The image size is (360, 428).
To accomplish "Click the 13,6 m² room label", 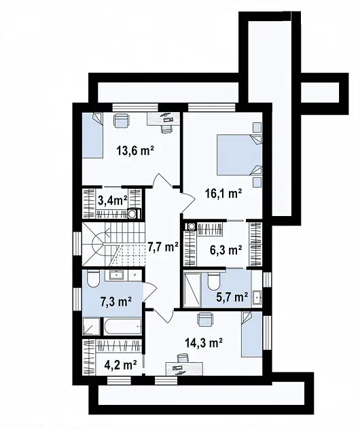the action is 135,150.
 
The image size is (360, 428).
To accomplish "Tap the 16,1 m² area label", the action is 223,194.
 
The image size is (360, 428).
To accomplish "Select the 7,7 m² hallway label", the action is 163,247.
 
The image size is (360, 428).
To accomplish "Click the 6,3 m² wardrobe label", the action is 226,250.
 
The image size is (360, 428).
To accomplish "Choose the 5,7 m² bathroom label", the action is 232,297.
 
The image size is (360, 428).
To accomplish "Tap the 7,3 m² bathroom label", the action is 116,302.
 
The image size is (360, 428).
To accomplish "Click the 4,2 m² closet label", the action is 121,365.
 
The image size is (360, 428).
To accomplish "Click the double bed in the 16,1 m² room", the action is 239,155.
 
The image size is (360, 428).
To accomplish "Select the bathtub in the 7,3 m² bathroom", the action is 122,326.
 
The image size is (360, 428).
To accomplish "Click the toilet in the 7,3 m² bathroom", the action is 93,279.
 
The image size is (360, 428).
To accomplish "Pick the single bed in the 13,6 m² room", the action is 92,135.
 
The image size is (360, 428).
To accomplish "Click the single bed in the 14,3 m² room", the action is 251,334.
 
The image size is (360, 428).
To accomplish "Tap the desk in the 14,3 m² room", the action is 184,369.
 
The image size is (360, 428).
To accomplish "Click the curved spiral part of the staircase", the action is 98,243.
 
